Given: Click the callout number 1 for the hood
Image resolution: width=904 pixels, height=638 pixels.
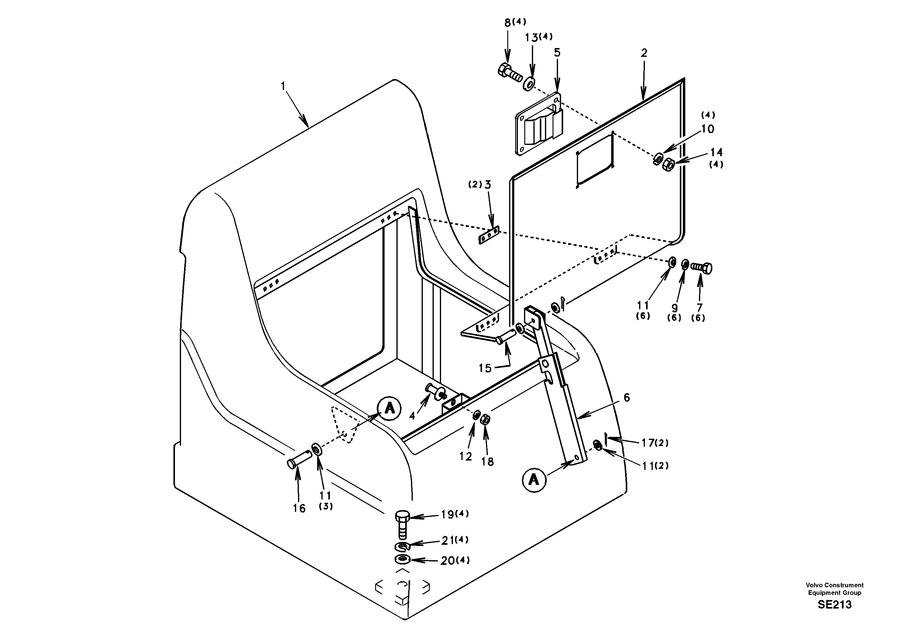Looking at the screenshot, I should [x=283, y=86].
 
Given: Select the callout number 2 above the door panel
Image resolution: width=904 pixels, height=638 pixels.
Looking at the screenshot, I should [x=644, y=53].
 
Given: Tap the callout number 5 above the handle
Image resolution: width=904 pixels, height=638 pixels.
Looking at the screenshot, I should [x=557, y=53].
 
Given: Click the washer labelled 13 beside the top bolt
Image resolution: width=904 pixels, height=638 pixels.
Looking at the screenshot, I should [x=529, y=84].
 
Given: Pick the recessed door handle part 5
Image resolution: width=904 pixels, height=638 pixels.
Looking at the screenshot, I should [x=539, y=124].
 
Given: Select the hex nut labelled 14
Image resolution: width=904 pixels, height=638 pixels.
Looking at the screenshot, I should [x=669, y=163].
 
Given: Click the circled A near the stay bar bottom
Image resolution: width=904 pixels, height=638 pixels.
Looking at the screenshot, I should [x=534, y=480].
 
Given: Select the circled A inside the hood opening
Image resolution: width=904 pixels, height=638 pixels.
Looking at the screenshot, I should [x=389, y=408].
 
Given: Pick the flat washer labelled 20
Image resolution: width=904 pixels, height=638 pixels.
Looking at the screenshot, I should [x=402, y=559].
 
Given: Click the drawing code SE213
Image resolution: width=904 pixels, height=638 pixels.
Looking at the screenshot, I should [x=834, y=605].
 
